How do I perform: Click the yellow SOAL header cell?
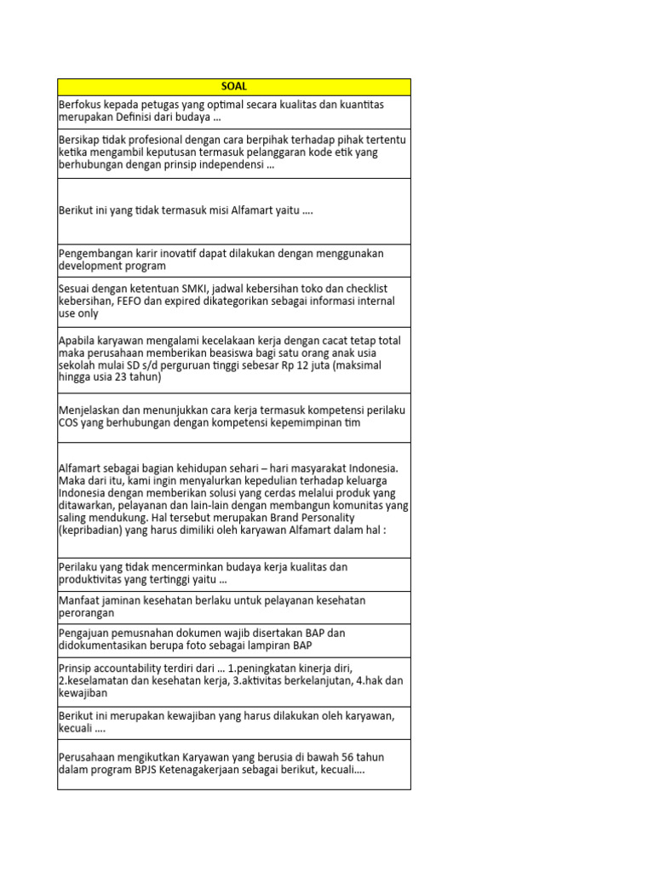[x=233, y=87]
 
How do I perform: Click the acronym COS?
[x=70, y=423]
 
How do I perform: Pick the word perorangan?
[x=88, y=613]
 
